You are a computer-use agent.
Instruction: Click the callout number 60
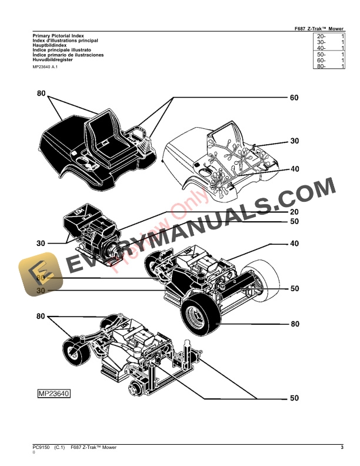click(x=294, y=98)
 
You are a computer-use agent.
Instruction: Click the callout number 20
click(x=294, y=211)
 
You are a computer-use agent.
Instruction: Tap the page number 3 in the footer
click(x=342, y=448)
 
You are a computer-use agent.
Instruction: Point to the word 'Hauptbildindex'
click(x=50, y=45)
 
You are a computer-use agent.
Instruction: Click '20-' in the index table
click(x=321, y=36)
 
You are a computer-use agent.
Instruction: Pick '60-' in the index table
click(x=321, y=60)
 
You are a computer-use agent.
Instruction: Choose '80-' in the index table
click(x=321, y=66)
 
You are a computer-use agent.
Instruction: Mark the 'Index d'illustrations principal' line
click(x=65, y=41)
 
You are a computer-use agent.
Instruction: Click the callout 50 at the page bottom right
click(x=294, y=398)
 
